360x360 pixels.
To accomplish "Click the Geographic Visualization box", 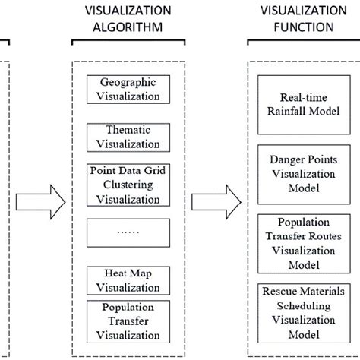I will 128,89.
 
